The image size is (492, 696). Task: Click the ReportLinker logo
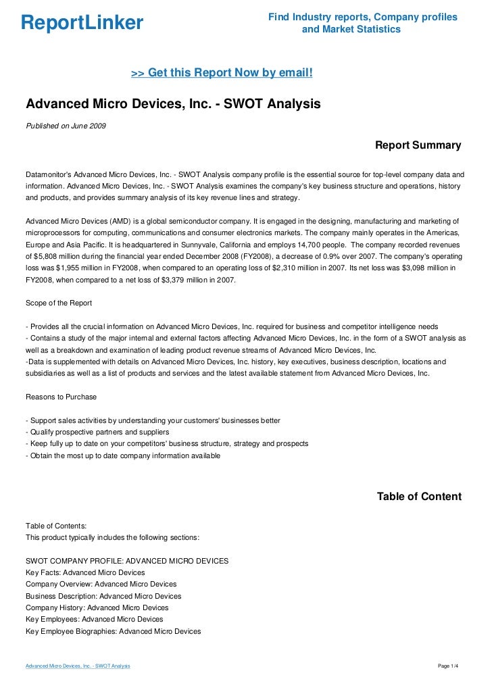coord(82,24)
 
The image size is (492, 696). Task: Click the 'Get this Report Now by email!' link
coord(222,72)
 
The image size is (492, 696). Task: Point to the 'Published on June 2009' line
coord(66,126)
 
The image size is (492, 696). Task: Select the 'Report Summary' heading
coord(418,145)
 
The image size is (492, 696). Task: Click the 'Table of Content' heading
coord(419,497)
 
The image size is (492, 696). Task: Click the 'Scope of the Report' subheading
coord(59,303)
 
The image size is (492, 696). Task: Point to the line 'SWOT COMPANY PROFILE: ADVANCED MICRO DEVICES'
coord(127,561)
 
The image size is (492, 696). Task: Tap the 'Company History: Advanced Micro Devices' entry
coord(97,607)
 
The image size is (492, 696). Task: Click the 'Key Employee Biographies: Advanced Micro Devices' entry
coord(113,631)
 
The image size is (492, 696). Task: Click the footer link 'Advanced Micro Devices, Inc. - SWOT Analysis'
coord(78,666)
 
